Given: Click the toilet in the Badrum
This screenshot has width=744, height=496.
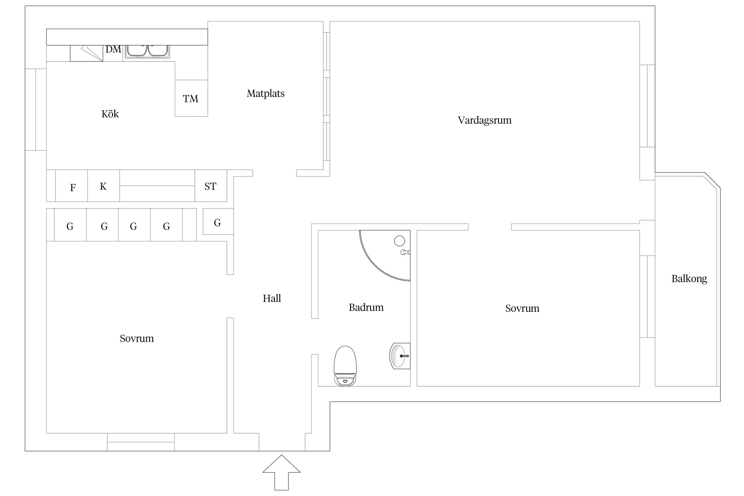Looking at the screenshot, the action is tap(345, 366).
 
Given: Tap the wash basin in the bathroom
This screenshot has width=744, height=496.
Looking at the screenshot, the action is tap(400, 356).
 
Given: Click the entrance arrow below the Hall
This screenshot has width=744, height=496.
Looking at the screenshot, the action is tap(281, 473).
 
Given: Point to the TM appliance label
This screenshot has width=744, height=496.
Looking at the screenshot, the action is tap(190, 99).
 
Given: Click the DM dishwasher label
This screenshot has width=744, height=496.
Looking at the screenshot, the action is tap(113, 49).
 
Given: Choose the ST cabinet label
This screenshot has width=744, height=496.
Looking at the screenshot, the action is tap(210, 186).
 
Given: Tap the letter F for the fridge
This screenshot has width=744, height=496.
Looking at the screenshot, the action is tap(73, 188).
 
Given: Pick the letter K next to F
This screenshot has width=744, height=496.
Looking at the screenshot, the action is tap(103, 186).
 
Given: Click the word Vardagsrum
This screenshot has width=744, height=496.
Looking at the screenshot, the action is tap(484, 120).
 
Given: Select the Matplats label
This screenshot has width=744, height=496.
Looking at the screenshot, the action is tap(266, 94).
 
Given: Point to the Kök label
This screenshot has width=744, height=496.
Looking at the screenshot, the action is tap(110, 114).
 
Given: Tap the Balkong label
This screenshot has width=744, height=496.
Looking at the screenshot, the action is tap(689, 279).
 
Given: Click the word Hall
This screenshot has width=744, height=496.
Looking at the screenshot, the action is tap(272, 298).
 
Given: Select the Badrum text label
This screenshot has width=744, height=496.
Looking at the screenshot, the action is tap(366, 307).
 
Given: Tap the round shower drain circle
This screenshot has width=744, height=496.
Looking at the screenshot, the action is tap(399, 241).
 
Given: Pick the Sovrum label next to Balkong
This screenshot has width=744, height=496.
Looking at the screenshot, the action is tap(522, 309).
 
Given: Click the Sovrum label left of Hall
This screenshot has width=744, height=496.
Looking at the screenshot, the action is tap(137, 338).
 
